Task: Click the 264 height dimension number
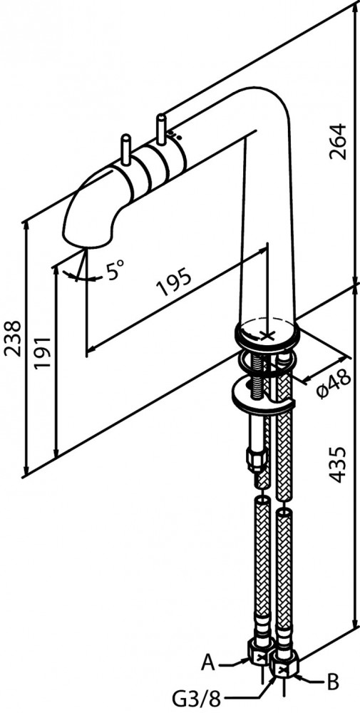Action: [339, 141]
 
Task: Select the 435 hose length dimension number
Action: [339, 464]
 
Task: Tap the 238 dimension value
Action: [12, 339]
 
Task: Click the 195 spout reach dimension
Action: [174, 282]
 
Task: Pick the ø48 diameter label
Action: [334, 384]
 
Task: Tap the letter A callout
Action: [208, 663]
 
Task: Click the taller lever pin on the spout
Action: [161, 129]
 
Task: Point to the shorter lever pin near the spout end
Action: [125, 150]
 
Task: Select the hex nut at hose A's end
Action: [260, 656]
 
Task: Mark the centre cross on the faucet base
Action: [268, 336]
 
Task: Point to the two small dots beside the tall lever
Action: [175, 135]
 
